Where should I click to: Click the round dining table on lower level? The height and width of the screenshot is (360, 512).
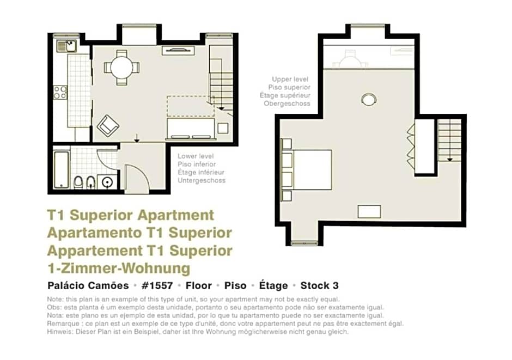[121, 68]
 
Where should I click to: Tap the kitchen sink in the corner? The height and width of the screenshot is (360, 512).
[66, 46]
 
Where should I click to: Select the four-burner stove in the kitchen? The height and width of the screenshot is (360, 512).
[60, 93]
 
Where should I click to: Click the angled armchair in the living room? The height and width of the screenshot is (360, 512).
[108, 126]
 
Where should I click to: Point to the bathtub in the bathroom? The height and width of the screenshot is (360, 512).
[62, 170]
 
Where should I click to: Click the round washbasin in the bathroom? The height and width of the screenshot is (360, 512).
[107, 182]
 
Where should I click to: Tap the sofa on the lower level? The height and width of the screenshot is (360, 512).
[191, 129]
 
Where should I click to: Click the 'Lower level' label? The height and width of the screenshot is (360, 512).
[196, 156]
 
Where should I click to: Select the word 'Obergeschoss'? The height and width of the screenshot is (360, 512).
[287, 104]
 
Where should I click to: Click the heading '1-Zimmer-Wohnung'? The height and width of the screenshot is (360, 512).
[119, 269]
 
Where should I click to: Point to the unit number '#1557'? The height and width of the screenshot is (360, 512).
[157, 285]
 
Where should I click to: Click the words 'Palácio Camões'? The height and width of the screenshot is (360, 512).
[88, 285]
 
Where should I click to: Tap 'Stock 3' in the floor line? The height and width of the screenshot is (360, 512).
[319, 285]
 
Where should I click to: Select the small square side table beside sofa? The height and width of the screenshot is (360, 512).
[223, 128]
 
